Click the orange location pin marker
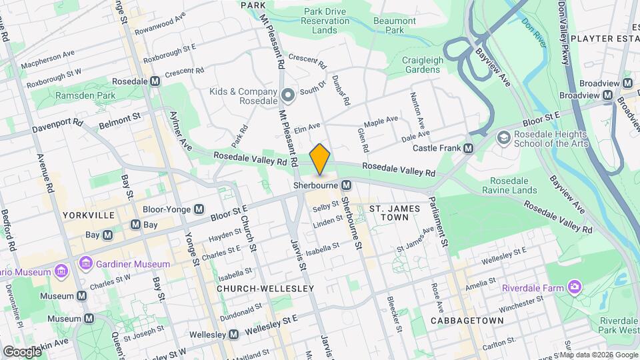coord(320,159)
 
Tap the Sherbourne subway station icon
coord(346,185)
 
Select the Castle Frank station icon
coord(469,148)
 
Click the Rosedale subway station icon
coord(155,81)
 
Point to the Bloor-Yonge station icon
coord(199,209)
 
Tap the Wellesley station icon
coord(235,333)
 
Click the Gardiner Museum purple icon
coord(85,264)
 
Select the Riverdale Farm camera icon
coord(574,287)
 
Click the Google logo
coord(21,351)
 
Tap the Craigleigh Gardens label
coord(423,65)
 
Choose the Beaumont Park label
coord(395,25)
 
